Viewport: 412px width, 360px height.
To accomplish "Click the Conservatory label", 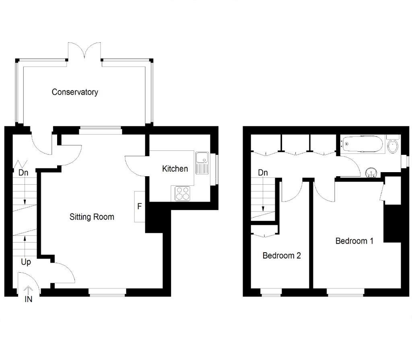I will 75,92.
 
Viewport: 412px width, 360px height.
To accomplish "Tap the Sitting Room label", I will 92,217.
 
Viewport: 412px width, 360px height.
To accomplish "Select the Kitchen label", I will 175,169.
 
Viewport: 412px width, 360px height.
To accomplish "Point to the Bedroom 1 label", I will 354,241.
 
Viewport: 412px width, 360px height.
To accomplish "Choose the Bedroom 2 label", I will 282,255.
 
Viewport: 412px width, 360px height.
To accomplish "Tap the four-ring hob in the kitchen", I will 183,193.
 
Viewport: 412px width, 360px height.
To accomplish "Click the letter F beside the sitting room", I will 139,207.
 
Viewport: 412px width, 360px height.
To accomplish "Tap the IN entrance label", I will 29,300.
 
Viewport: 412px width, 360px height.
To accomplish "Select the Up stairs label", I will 26,262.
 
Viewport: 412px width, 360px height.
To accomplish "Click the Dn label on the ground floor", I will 24,173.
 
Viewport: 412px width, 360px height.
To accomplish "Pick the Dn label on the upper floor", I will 263,173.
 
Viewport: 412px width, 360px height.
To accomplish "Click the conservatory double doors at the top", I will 85,51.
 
